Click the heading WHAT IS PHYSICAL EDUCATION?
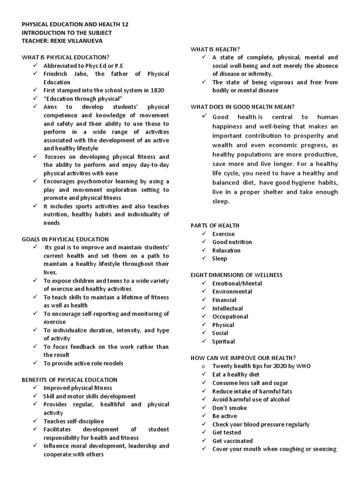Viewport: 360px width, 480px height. pos(66,57)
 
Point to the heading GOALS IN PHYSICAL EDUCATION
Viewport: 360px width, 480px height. pos(65,239)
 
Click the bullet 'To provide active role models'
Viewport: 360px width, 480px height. pos(83,363)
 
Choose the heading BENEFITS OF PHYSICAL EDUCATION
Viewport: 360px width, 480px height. pos(69,380)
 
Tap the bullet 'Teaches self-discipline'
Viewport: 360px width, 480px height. pos(74,421)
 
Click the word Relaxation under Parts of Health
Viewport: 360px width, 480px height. pos(226,250)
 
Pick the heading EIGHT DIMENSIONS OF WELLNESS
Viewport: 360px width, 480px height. pos(236,275)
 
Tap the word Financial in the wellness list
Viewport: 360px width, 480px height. pos(224,300)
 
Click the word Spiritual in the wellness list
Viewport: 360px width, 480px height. pos(224,341)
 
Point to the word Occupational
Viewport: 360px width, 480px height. pos(230,316)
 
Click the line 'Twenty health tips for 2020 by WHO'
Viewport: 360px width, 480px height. pos(261,366)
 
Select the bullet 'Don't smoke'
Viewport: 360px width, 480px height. pos(229,408)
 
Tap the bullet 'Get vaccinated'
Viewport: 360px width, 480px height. pos(232,441)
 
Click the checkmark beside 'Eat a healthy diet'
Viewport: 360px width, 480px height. pos(203,375)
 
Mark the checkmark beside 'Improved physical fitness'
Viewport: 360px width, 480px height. pos(35,388)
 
